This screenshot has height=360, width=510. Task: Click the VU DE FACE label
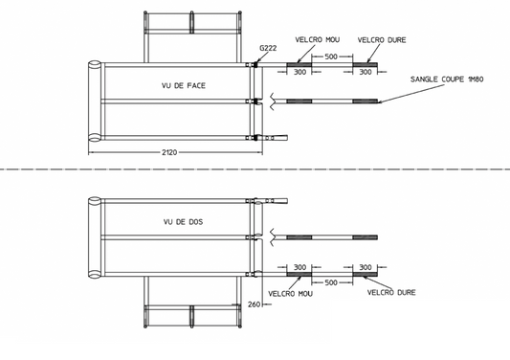[x=184, y=85]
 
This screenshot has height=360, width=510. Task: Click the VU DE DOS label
[x=183, y=222]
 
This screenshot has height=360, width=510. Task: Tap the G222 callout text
[x=268, y=48]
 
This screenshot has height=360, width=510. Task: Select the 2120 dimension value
[x=169, y=152]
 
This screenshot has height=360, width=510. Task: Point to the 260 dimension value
[x=254, y=304]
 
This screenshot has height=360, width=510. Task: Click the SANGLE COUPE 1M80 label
[x=447, y=79]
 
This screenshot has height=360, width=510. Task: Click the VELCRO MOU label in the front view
[x=318, y=39]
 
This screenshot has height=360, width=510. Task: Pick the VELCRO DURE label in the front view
[x=382, y=40]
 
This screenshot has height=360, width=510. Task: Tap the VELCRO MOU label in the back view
[x=291, y=294]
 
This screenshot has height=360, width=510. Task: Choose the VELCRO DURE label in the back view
[x=391, y=293]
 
